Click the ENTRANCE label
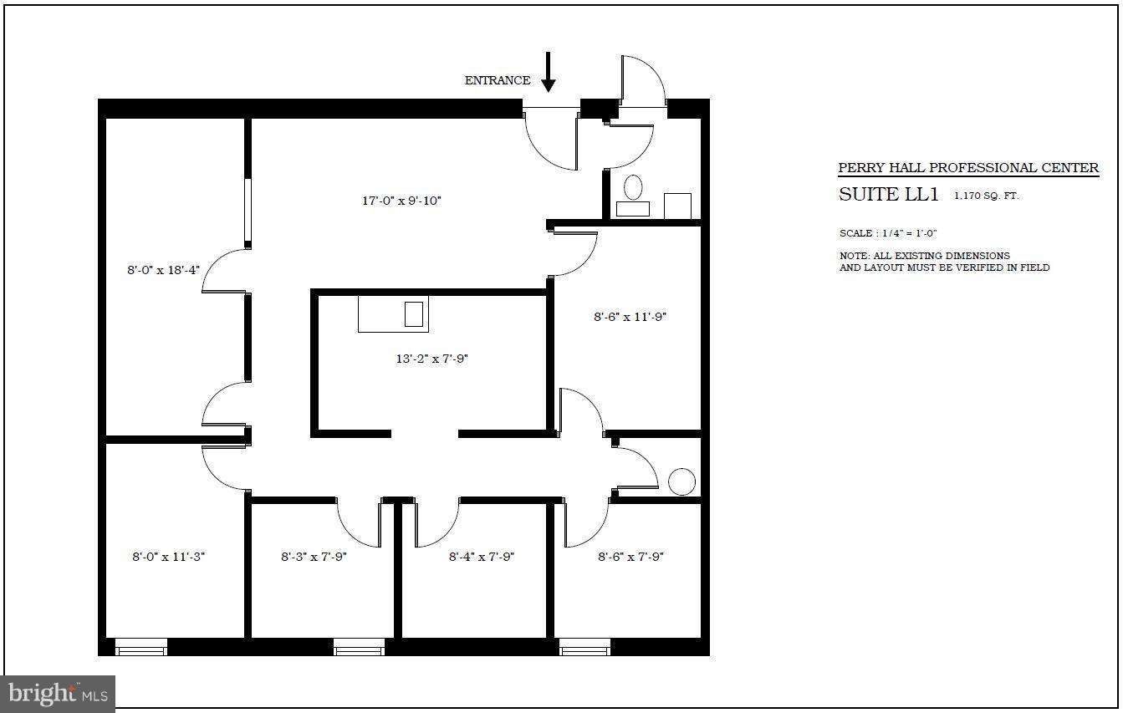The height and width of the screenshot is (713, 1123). [x=498, y=80]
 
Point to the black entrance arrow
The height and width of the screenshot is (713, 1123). [x=549, y=72]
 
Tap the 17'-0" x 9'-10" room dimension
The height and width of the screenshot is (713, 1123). [x=401, y=201]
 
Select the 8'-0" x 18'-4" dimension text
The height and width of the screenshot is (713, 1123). [x=163, y=269]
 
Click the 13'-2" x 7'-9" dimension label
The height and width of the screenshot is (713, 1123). [x=431, y=359]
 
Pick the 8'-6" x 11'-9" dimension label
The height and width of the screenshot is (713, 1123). [x=630, y=317]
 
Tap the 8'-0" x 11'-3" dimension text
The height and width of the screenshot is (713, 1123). [x=168, y=557]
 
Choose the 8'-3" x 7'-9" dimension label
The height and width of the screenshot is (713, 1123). [x=314, y=557]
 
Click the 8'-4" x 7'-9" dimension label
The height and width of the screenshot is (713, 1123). [x=481, y=557]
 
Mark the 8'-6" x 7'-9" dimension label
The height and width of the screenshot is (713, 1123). [x=630, y=557]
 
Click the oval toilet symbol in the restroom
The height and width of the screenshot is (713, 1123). [x=633, y=186]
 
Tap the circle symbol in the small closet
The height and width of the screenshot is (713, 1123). [x=681, y=481]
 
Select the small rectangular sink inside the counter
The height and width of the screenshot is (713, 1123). [x=414, y=314]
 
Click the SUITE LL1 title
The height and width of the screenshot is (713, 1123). [x=888, y=195]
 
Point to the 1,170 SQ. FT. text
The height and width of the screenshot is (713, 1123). [x=987, y=196]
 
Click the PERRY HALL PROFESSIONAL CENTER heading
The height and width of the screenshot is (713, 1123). [x=968, y=168]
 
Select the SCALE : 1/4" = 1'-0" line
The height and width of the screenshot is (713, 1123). [x=888, y=233]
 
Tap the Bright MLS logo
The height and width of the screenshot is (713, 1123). [x=58, y=694]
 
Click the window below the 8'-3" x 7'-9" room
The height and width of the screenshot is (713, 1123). [x=359, y=647]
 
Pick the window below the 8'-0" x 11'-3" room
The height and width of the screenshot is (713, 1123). [x=140, y=647]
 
